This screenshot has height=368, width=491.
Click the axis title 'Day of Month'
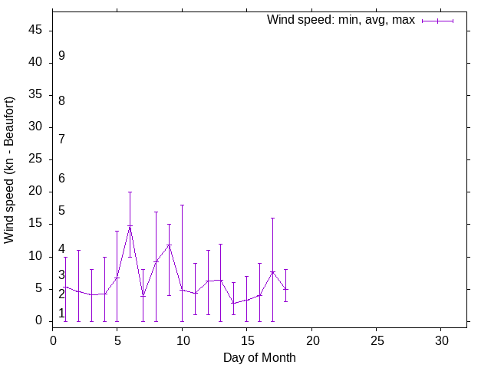pos(259,357)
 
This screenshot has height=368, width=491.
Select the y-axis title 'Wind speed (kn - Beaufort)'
pos(9,170)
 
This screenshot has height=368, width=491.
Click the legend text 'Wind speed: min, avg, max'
pos(341,20)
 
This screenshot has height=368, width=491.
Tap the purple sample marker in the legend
pos(437,21)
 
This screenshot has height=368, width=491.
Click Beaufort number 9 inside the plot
pos(61,56)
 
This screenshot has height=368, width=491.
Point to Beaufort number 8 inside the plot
pos(61,100)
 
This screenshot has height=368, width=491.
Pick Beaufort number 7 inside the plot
pos(61,139)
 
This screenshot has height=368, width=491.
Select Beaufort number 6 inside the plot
pos(61,178)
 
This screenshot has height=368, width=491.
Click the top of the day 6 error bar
pos(130,192)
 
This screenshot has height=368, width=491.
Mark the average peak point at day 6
pos(130,226)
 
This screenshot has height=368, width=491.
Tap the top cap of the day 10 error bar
pos(182,205)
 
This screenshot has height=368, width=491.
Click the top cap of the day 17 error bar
pos(272,218)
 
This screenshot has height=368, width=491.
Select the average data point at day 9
pos(169,245)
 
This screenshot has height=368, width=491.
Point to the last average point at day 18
pos(285,289)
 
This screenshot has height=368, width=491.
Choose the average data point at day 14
pos(233,303)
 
